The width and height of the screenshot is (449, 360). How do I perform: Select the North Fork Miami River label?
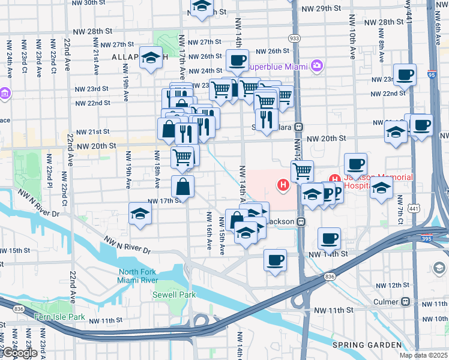[137, 276]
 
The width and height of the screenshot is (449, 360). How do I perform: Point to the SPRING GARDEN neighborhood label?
[367, 344]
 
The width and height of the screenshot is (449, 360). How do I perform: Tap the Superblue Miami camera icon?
[316, 65]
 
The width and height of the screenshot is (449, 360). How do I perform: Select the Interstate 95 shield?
[431, 74]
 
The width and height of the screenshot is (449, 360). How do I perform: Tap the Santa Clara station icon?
[298, 127]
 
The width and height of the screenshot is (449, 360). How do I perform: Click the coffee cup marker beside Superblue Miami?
[238, 61]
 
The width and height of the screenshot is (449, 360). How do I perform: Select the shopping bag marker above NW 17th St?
[183, 187]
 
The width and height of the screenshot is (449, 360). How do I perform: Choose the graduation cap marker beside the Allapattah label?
[151, 58]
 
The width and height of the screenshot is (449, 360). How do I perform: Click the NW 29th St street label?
[321, 9]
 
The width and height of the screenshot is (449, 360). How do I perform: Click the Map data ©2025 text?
[423, 355]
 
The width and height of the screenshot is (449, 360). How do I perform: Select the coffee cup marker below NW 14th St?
[275, 260]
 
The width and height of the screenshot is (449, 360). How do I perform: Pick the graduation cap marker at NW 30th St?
[202, 7]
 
